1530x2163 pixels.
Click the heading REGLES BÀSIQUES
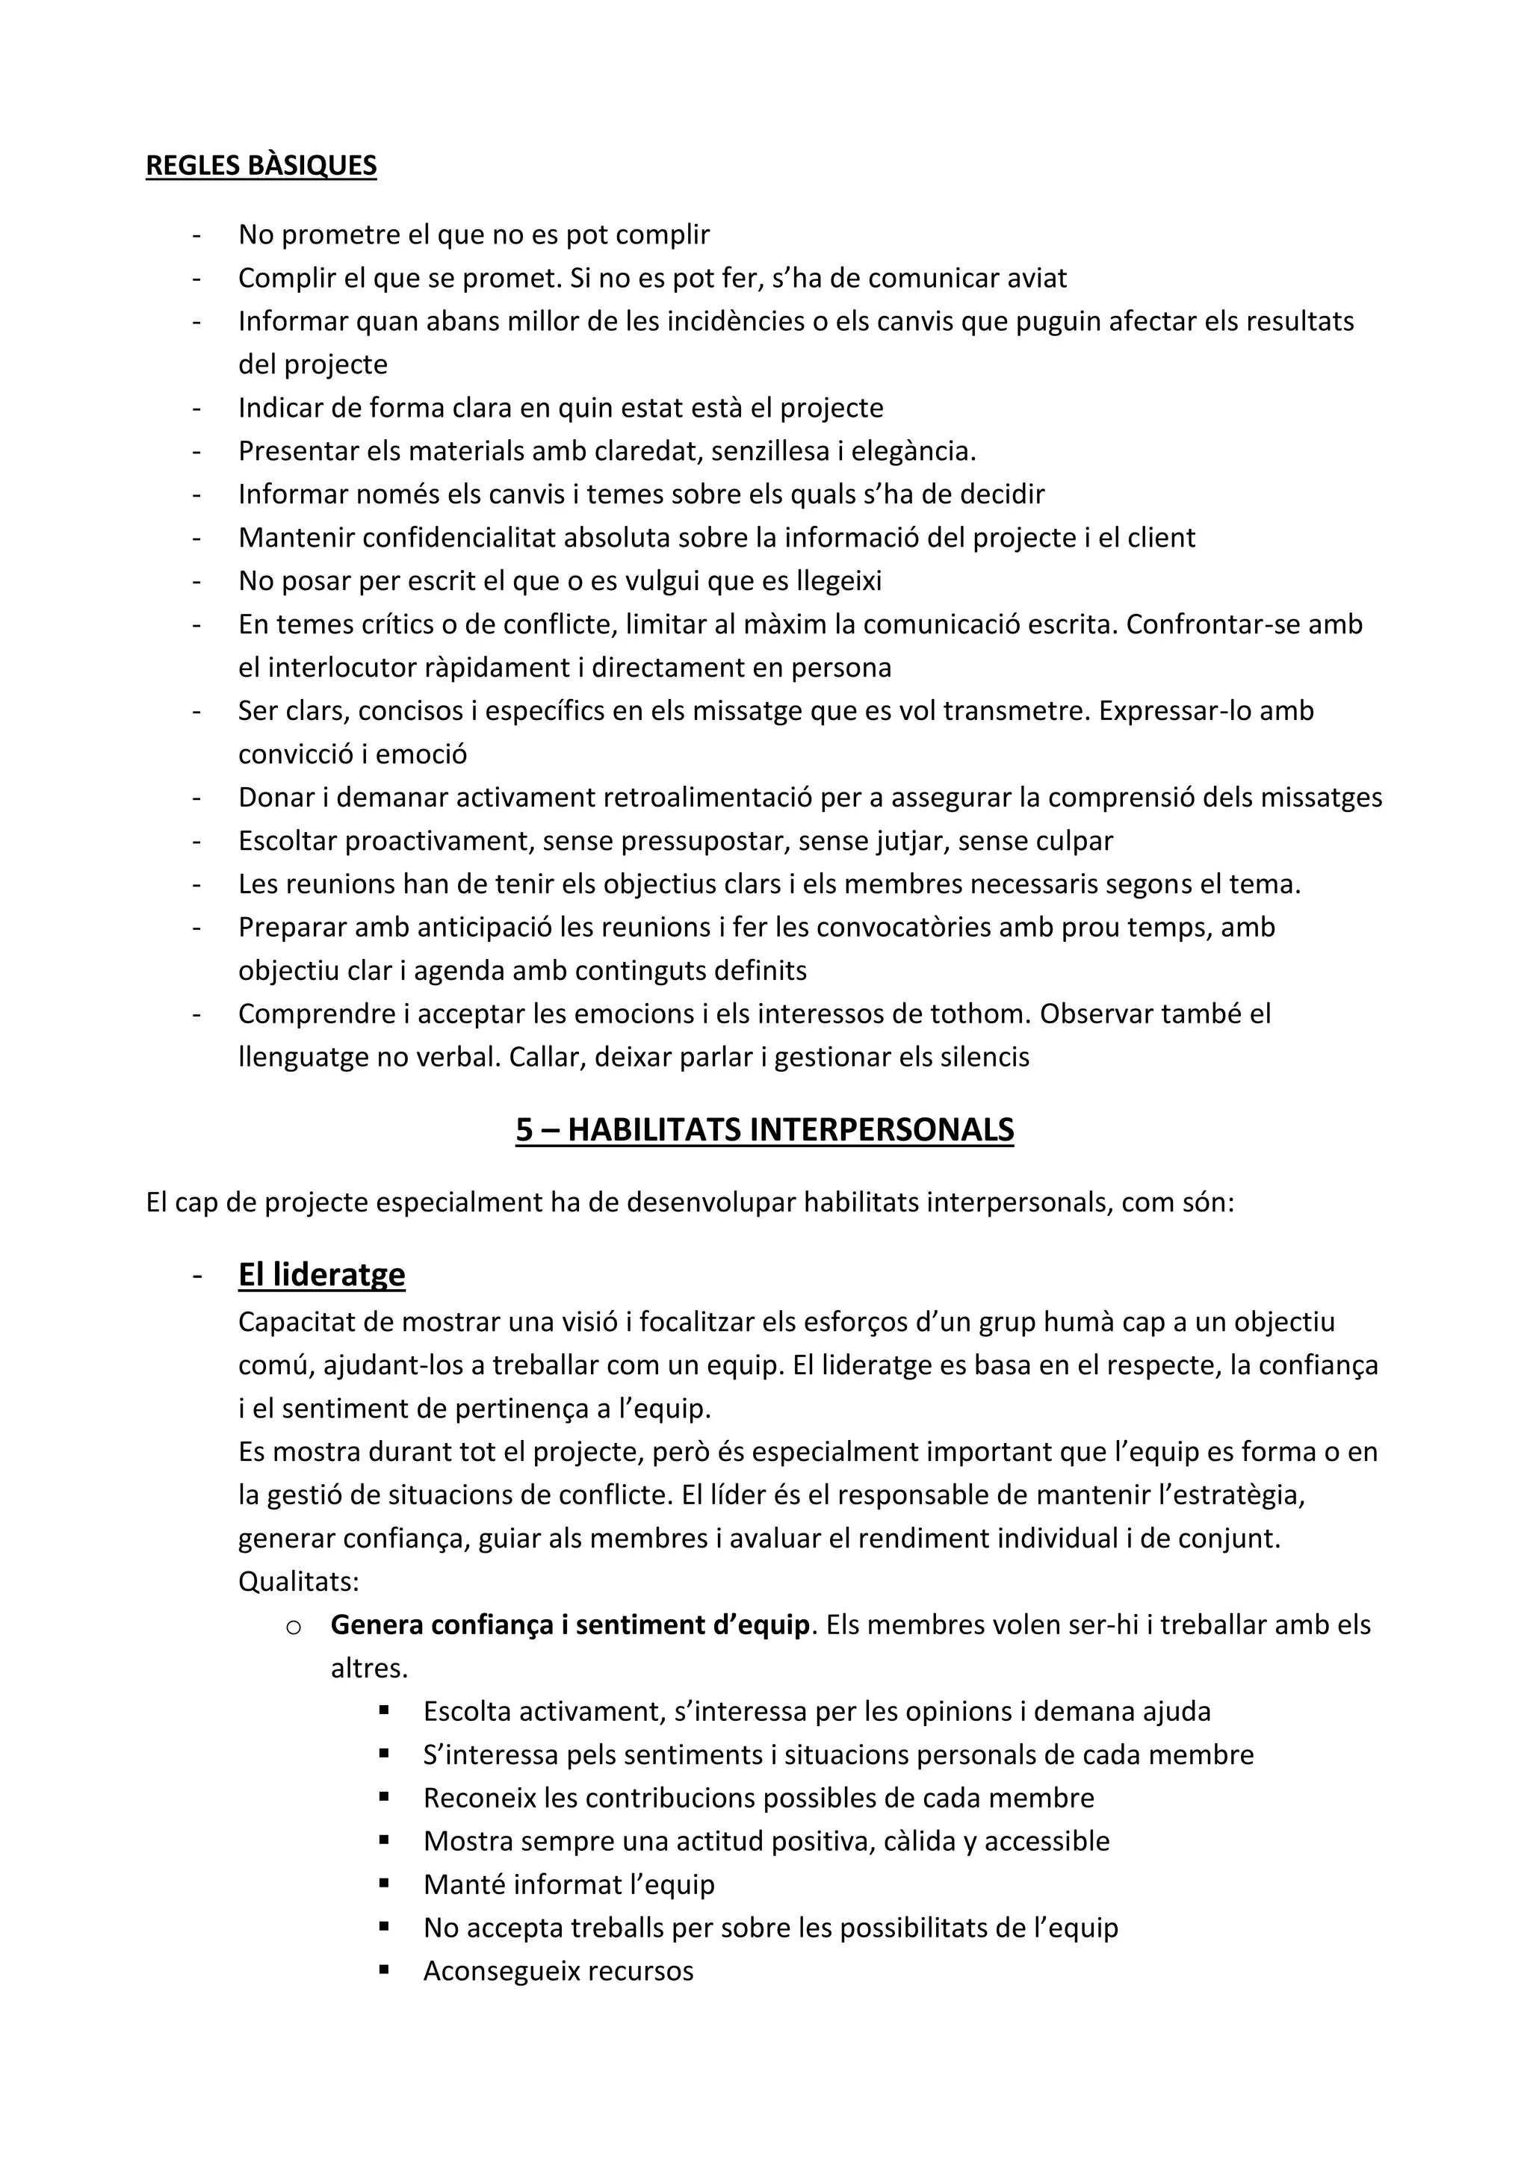pos(261,165)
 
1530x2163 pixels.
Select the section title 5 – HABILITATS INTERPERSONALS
pos(764,1129)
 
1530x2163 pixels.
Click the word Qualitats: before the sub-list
pos(299,1581)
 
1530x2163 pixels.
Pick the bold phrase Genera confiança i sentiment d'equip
pos(570,1624)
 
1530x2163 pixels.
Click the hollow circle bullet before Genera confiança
pos(292,1627)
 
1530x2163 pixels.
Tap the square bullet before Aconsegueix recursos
pos(385,1971)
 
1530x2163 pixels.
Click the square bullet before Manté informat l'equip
pos(385,1884)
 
